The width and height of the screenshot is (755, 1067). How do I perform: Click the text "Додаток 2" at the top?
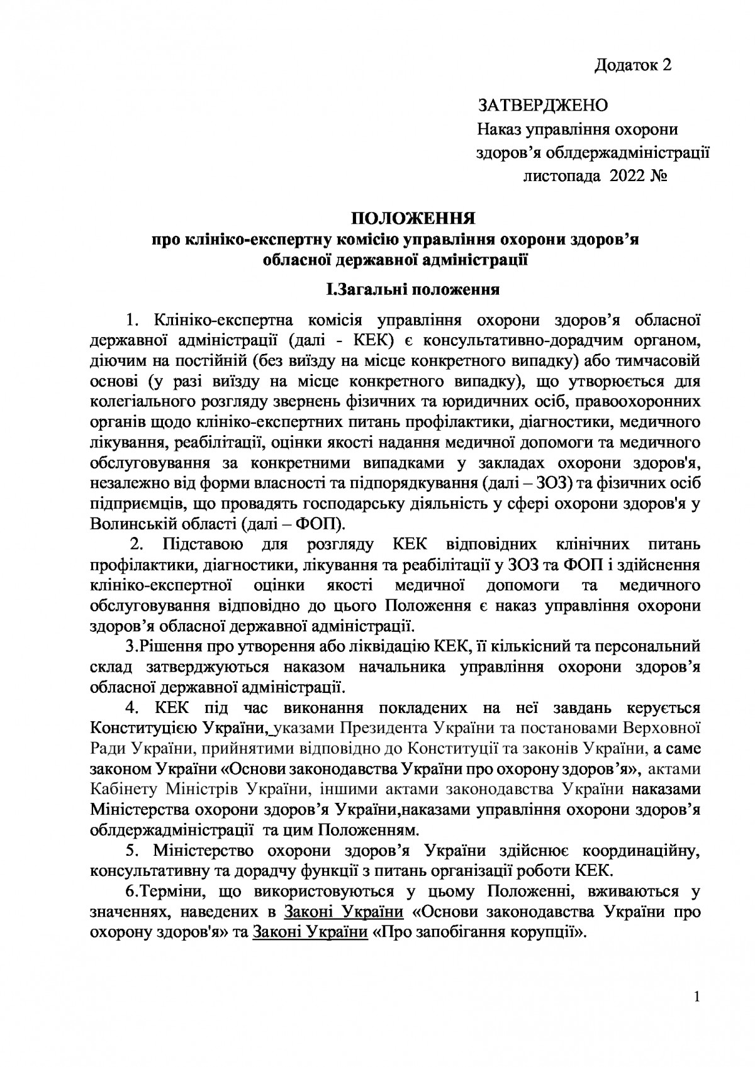point(633,65)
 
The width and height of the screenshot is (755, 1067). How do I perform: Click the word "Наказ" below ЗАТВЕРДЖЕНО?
point(500,131)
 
